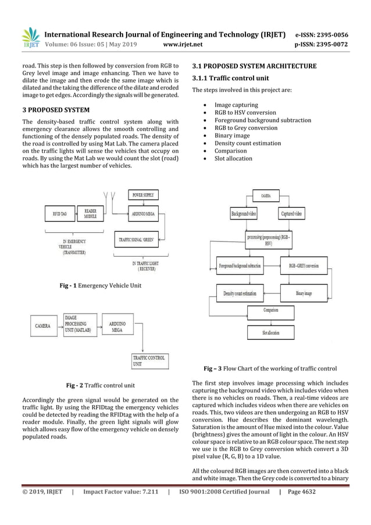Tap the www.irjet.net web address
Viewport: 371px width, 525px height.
[x=185, y=44]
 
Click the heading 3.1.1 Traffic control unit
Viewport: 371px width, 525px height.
[x=230, y=77]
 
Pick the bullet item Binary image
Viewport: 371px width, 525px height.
[x=232, y=136]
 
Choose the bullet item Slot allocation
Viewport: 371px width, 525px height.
[x=233, y=158]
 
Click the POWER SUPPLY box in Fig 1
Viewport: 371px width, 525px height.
[x=143, y=195]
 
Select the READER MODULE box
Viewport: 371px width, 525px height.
[x=90, y=214]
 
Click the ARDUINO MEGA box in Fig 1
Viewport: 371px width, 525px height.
[x=142, y=215]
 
